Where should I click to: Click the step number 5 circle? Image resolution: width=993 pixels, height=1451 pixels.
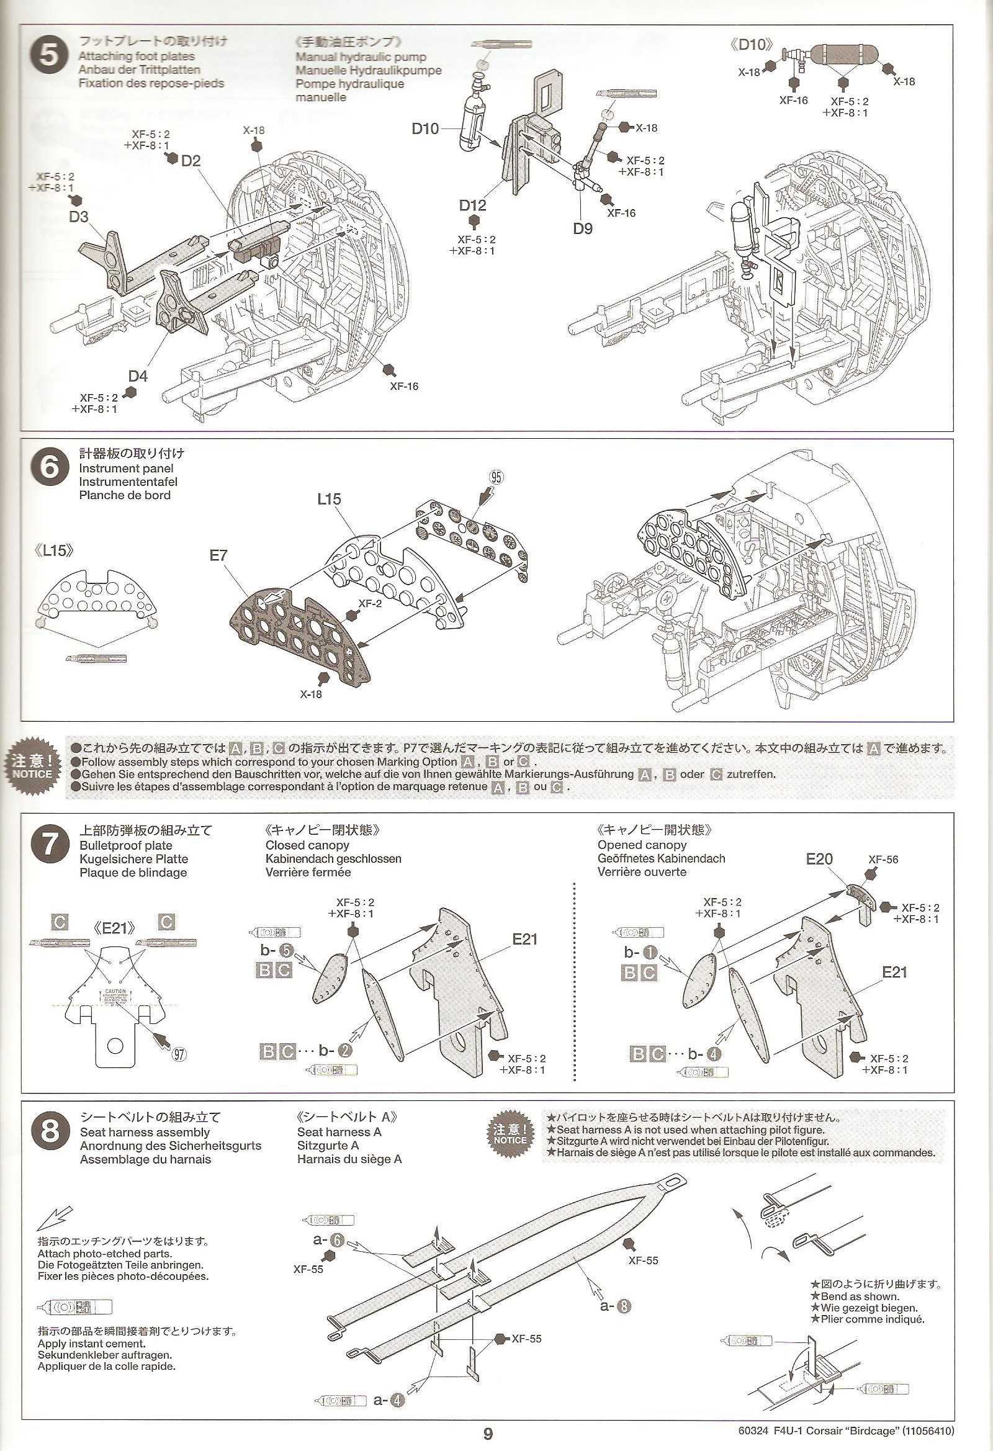coord(49,56)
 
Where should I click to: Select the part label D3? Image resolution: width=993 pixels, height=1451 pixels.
coord(79,217)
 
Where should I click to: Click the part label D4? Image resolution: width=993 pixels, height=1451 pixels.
coord(138,376)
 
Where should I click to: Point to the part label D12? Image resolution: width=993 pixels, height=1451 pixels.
coord(472,205)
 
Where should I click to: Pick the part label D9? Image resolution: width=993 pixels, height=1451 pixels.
coord(583,228)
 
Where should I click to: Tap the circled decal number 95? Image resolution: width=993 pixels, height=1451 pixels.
coord(496,477)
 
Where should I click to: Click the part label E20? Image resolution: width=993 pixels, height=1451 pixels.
coord(819,859)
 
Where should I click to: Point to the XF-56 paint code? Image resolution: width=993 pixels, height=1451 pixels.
coord(883,860)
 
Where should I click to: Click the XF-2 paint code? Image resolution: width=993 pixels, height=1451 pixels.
coord(371,604)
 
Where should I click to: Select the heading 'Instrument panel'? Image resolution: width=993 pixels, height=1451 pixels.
coord(126,469)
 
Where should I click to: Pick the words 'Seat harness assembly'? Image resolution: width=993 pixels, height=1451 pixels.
coord(145,1132)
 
